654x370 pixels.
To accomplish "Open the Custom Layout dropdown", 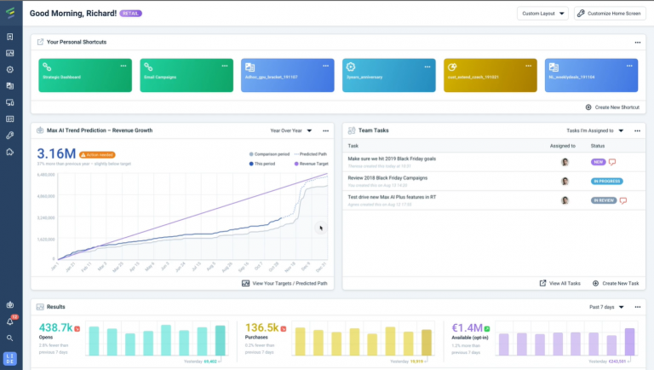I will point(542,14).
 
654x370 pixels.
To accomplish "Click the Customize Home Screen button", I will point(609,14).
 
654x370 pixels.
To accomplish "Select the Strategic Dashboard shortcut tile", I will point(85,76).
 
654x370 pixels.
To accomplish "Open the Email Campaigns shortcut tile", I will point(186,76).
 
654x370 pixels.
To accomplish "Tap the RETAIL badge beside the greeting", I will point(131,14).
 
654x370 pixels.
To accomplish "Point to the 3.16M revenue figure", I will point(54,153).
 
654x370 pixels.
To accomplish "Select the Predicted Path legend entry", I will point(310,153).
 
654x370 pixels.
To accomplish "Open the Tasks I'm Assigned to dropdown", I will point(595,130).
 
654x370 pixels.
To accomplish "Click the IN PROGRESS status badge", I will point(606,181).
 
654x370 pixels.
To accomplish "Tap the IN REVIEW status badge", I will point(603,200).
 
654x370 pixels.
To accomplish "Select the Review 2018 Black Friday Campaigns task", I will point(387,178).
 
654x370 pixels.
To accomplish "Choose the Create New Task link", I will point(614,282).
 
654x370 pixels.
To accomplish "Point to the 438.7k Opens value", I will point(55,327).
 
